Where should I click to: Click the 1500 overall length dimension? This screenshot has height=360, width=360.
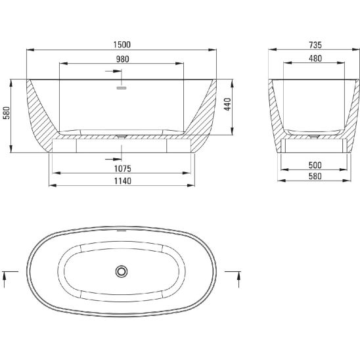tap(122, 45)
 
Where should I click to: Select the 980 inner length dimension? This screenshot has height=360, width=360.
tap(122, 59)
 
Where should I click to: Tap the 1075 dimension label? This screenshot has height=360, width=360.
tap(123, 169)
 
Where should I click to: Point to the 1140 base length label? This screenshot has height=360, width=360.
tap(123, 181)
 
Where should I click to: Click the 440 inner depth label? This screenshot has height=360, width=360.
tap(227, 104)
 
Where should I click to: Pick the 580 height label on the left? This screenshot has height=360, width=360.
tap(7, 113)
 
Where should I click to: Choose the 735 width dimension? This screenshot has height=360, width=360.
tap(315, 45)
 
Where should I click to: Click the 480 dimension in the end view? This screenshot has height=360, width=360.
tap(315, 58)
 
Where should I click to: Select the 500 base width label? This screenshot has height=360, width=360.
tap(315, 165)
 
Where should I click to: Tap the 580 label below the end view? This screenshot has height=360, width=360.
tap(315, 176)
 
